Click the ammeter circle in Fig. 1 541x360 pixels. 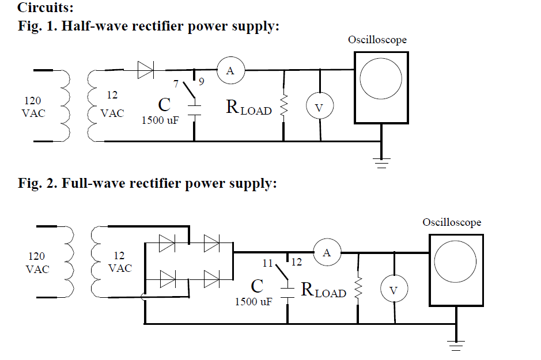[x=230, y=71]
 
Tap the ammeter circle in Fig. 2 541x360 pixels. [x=327, y=252]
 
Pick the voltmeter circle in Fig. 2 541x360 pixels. [x=394, y=290]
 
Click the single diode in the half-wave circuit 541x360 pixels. [x=146, y=71]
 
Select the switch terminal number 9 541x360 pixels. [x=201, y=82]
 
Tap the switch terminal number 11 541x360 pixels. [x=267, y=263]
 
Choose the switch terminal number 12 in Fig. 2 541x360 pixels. [x=297, y=263]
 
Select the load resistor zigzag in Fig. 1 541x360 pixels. [x=283, y=107]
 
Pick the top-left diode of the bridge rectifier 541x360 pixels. [x=167, y=244]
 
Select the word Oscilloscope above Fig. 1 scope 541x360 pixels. [x=377, y=40]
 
